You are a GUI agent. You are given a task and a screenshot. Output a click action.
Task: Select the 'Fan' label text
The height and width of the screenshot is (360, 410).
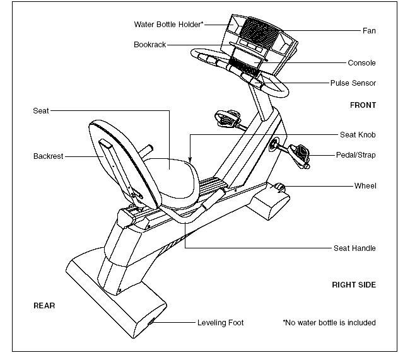[369, 30]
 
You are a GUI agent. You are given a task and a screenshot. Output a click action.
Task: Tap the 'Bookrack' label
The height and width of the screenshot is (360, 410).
[150, 45]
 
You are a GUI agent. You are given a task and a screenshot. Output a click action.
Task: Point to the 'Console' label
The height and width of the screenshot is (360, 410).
[361, 63]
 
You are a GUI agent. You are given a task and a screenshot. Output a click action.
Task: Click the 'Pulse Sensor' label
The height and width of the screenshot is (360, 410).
[353, 83]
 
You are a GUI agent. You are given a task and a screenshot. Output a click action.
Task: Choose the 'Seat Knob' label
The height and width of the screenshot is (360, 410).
[358, 135]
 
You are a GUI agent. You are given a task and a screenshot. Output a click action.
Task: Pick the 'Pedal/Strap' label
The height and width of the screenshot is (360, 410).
[355, 155]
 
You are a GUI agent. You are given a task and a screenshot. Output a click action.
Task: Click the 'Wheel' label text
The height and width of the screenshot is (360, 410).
[365, 186]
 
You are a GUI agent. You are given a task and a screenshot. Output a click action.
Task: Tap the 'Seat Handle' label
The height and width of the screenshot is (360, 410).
[354, 248]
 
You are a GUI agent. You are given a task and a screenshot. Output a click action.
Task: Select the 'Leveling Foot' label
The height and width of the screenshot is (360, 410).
[220, 323]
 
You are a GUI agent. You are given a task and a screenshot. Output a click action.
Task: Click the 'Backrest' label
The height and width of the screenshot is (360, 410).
[49, 156]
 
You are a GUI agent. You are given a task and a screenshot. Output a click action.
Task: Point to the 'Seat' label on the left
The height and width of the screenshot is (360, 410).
[41, 111]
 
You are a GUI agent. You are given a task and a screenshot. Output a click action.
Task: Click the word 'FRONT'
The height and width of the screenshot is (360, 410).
[363, 105]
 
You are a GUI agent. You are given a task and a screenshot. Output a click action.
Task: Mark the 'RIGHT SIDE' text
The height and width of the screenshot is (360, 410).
[354, 285]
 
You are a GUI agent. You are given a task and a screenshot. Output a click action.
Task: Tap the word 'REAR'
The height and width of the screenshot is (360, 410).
[44, 306]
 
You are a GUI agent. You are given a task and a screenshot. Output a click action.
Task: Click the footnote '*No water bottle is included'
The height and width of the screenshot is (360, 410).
[329, 323]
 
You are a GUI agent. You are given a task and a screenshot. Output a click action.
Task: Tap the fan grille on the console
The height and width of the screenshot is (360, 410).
[255, 28]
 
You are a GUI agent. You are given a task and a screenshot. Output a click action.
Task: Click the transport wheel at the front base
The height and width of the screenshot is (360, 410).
[278, 187]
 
